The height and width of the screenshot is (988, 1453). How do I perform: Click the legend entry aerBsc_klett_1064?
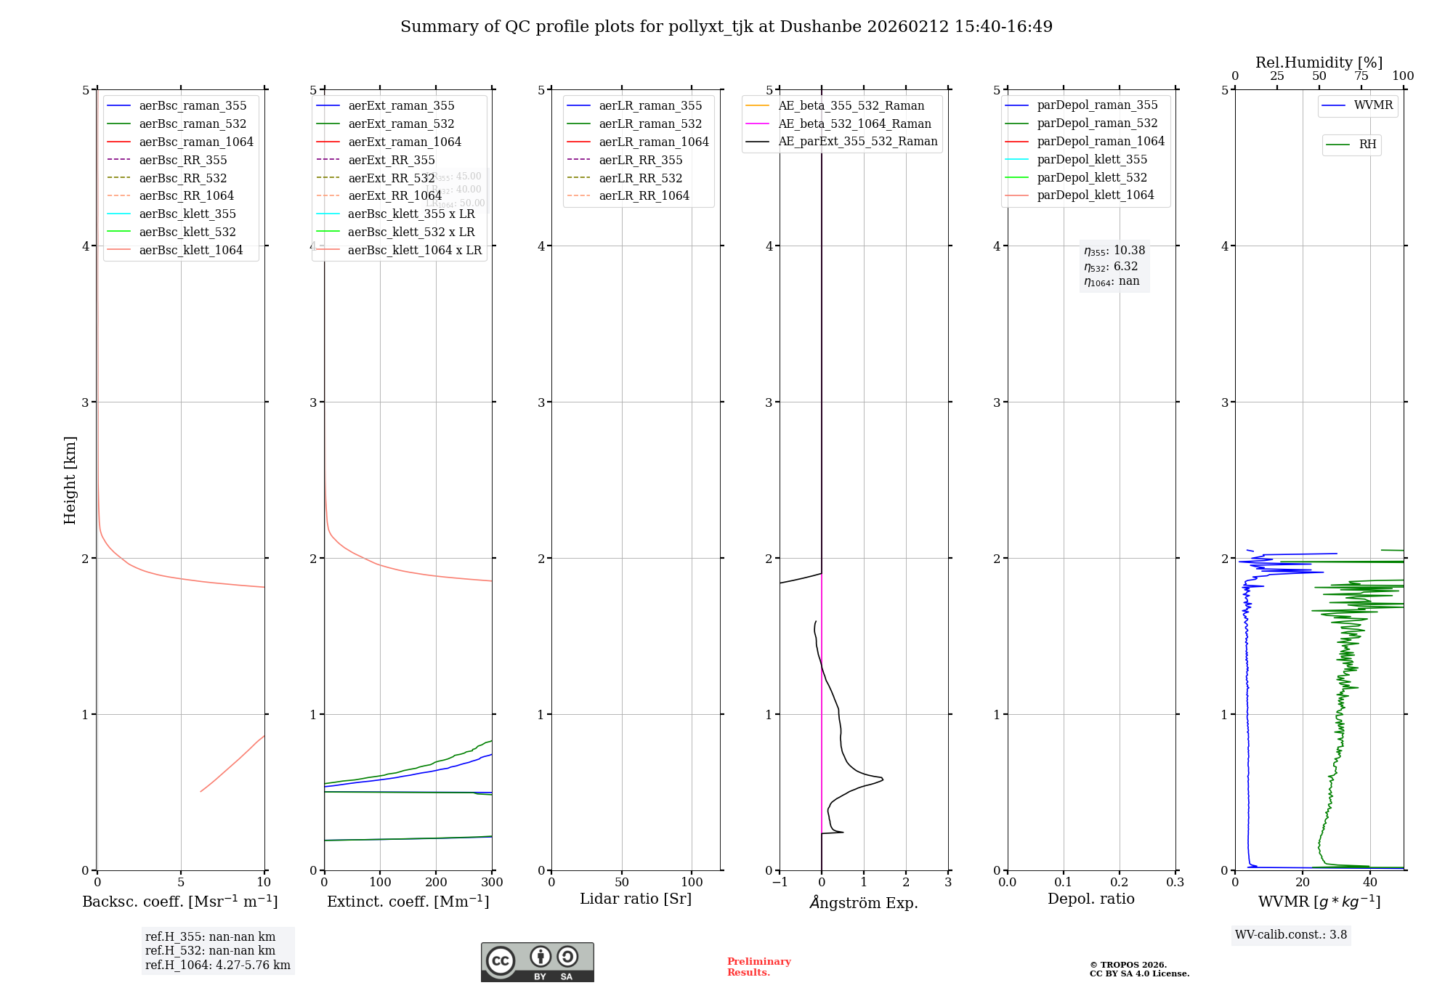tap(190, 250)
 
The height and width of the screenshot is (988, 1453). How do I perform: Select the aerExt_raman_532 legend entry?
tap(401, 123)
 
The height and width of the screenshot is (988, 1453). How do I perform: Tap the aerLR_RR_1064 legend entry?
tap(644, 195)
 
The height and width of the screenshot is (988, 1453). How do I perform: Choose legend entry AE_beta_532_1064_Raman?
tap(854, 123)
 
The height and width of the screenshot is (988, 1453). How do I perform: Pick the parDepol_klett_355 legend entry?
tap(1092, 159)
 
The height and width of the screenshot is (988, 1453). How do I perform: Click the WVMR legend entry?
tap(1373, 105)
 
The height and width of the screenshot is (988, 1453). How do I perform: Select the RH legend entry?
tap(1367, 145)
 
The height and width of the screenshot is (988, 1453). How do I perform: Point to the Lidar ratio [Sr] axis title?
tap(636, 899)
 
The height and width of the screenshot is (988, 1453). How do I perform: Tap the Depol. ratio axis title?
tap(1090, 899)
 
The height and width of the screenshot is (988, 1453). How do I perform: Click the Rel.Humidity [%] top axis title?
tap(1319, 62)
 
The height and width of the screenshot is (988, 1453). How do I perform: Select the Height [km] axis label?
tap(70, 479)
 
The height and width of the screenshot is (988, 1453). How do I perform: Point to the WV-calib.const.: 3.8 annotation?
tap(1291, 935)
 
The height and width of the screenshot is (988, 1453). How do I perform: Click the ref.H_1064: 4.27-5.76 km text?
tap(217, 965)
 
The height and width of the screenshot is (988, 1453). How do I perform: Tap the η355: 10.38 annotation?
tap(1114, 251)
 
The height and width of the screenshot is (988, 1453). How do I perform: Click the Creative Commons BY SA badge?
tap(537, 963)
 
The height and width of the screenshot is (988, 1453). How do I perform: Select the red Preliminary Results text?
tap(758, 967)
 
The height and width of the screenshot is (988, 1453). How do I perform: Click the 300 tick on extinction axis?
tap(492, 882)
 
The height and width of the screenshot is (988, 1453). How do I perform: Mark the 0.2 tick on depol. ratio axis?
tap(1120, 882)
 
